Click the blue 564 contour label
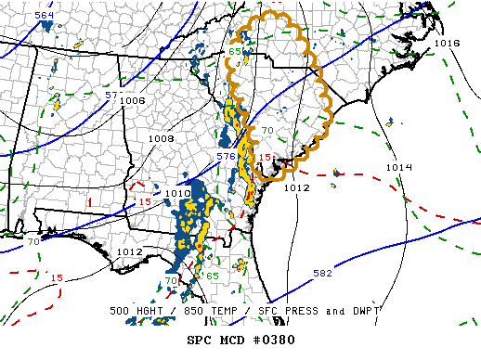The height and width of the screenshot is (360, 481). tap(45, 17)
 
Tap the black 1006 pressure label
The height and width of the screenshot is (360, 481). tap(133, 100)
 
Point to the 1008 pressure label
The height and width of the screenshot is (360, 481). tap(162, 138)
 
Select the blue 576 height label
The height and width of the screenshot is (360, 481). tap(226, 157)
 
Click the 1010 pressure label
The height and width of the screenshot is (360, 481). tap(177, 193)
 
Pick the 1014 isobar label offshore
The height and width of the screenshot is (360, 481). tap(397, 167)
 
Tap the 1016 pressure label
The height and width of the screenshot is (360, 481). tap(447, 44)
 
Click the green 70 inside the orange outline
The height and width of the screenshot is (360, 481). tap(266, 131)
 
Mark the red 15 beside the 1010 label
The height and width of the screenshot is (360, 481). tap(144, 201)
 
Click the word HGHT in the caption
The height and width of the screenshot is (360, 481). tap(151, 311)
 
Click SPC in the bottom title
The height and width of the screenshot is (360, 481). tap(199, 339)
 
